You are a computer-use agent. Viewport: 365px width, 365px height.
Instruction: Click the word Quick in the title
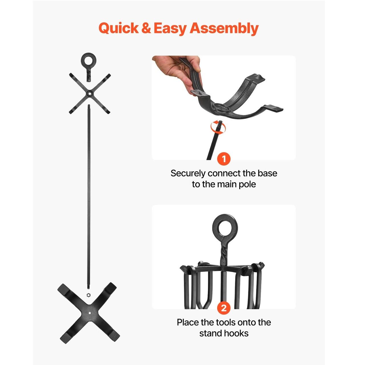(119, 28)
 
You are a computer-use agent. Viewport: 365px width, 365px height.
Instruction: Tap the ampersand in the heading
(146, 28)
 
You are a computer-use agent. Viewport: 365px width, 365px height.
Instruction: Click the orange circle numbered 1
(224, 159)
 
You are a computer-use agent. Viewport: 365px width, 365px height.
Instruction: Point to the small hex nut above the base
(88, 295)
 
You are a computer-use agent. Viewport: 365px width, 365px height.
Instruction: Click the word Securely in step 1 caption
(188, 174)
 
